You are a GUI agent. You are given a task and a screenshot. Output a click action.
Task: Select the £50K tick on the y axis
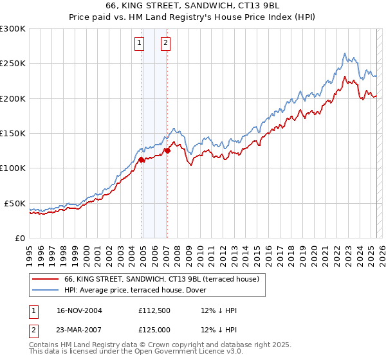point(15,203)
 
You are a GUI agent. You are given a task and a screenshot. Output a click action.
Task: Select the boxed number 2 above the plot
point(165,43)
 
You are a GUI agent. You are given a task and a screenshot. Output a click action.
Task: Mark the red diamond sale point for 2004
point(142,159)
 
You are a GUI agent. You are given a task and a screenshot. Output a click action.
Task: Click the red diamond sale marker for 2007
point(167,150)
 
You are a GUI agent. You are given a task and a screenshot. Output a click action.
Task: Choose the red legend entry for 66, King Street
point(161,279)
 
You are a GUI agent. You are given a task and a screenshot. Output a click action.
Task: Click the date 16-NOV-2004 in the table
point(79,310)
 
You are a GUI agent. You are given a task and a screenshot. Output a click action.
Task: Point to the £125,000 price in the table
point(156,330)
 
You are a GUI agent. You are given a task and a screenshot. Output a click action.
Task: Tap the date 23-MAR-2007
point(79,330)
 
